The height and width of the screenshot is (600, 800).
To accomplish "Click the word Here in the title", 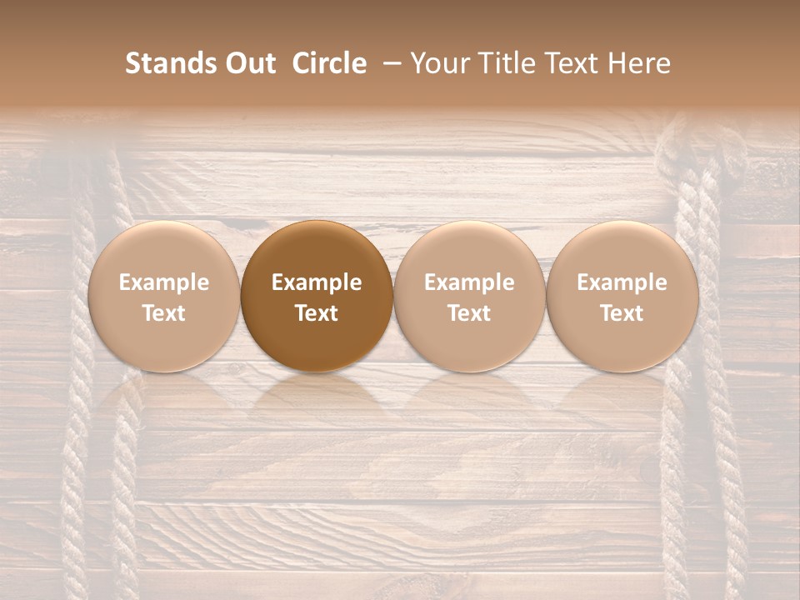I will coord(638,63).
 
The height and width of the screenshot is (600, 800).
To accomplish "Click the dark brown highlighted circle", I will coord(317,296).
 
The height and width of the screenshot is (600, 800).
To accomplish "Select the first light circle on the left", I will coord(163,296).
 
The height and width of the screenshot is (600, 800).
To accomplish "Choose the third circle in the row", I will coord(469,296).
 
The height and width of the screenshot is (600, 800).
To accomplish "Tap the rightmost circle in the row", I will coord(622,296).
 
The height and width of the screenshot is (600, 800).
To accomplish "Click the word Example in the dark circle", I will coord(317,282).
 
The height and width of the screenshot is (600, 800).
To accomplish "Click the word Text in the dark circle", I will coord(317,313).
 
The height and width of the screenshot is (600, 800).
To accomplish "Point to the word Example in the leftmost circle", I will coord(163,282).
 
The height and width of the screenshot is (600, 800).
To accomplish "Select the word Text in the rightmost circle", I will coord(622,313).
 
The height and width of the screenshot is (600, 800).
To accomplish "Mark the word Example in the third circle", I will coord(469,282).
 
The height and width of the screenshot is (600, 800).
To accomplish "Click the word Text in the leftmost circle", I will coord(163,313).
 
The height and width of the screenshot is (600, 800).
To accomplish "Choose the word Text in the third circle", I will coord(469,313).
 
